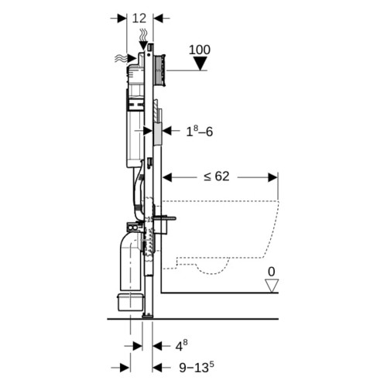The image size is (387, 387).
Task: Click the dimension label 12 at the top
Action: (139, 18)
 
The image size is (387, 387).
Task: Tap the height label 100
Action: (200, 50)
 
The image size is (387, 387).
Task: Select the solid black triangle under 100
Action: (200, 63)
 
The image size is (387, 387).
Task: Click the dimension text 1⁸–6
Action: (200, 132)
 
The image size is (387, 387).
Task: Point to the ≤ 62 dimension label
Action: (216, 176)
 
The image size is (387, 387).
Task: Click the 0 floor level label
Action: (272, 272)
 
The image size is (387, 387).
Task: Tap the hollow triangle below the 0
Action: (272, 286)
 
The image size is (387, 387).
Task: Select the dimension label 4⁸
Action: (181, 345)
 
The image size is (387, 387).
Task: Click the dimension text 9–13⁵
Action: (197, 367)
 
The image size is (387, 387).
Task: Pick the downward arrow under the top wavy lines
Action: (143, 46)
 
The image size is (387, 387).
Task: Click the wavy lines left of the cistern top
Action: (121, 59)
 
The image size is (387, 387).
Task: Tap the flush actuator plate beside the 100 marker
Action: (159, 70)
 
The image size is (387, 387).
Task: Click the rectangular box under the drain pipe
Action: (130, 302)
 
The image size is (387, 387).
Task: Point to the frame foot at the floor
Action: (147, 315)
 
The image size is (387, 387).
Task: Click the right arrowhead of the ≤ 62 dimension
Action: (272, 177)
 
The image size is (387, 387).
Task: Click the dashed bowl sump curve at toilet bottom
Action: (212, 269)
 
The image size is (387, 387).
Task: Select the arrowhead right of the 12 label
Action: (158, 19)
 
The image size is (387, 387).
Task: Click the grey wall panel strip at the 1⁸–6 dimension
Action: (158, 134)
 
